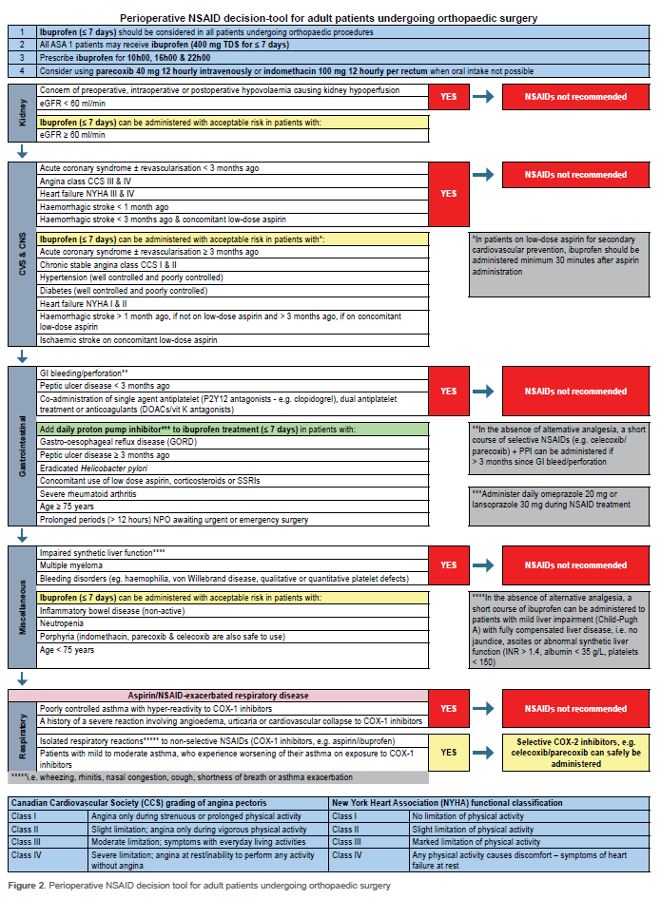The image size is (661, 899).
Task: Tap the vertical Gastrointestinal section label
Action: tap(22, 450)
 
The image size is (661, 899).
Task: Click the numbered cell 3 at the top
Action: tap(21, 56)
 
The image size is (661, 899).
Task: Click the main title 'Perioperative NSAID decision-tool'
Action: tap(330, 18)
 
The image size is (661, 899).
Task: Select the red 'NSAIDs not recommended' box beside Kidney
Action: tap(577, 97)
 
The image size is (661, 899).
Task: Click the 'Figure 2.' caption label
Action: tap(30, 885)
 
